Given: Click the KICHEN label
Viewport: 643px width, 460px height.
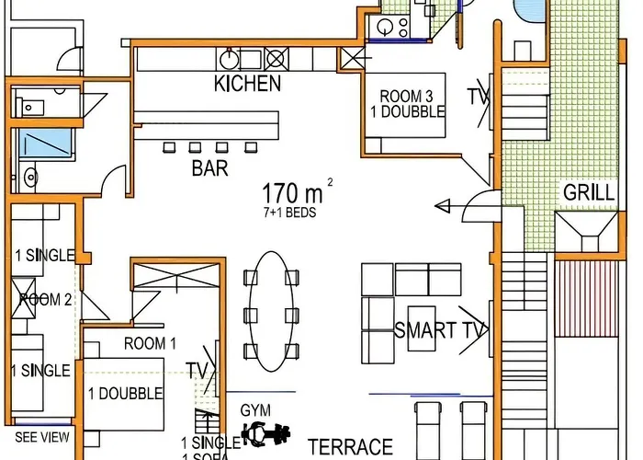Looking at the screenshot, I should (x=247, y=84).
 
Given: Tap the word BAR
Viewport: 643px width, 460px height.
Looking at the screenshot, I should (x=209, y=168).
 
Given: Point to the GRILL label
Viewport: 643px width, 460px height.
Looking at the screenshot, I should (x=589, y=193).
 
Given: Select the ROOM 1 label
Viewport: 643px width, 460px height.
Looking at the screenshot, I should (x=150, y=343).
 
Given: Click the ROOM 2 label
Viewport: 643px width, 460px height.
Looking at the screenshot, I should (x=45, y=299).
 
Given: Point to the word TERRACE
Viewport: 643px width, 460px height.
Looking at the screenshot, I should (x=350, y=446).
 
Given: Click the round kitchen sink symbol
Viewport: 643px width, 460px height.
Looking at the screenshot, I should (x=230, y=59).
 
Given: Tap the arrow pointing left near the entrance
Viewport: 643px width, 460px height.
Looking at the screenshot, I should (x=446, y=203).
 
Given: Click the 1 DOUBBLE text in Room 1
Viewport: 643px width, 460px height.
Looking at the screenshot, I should (x=125, y=394).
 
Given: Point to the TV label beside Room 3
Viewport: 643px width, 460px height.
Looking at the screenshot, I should (x=477, y=95).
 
